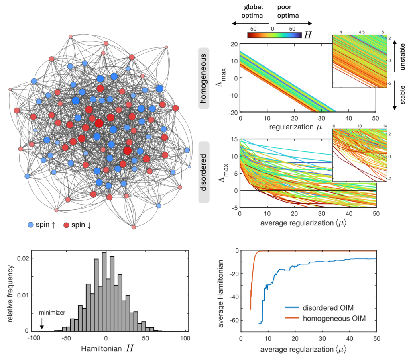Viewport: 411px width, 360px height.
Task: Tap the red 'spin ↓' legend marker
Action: [67, 225]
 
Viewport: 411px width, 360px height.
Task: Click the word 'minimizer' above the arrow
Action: [50, 312]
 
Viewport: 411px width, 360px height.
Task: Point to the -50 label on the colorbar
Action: [252, 29]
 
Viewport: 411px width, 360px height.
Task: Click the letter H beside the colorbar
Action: [308, 35]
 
